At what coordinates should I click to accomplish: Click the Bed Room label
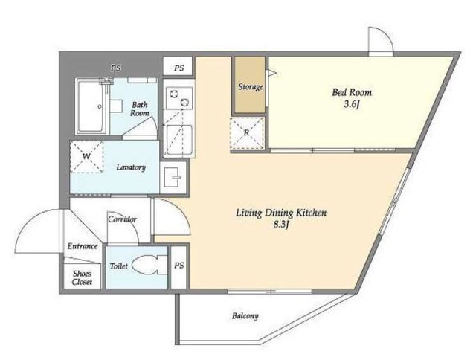352,92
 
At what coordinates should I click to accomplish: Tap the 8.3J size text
281,225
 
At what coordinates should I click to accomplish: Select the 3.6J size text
352,105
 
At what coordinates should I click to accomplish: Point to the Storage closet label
250,87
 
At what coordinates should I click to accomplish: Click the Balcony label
245,316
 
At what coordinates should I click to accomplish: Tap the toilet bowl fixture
147,266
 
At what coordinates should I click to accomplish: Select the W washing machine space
87,157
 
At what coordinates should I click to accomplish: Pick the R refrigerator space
247,132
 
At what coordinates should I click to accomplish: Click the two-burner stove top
179,98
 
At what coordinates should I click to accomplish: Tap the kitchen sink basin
179,140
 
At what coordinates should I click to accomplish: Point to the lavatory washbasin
173,177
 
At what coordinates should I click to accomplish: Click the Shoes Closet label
82,277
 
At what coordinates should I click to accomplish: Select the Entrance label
83,246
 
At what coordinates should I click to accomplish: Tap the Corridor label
122,219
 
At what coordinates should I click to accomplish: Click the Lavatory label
131,167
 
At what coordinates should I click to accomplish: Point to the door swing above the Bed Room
381,39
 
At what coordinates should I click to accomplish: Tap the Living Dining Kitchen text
281,213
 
